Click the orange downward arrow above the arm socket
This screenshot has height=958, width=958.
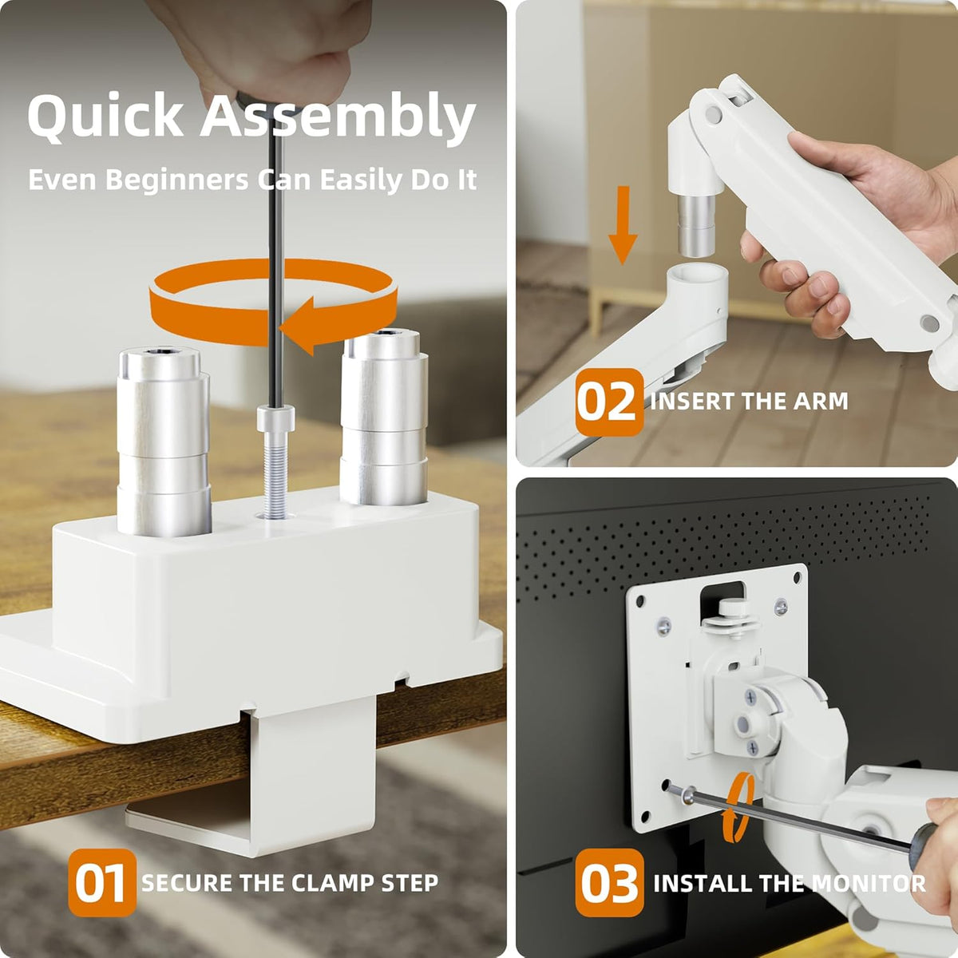(x=623, y=224)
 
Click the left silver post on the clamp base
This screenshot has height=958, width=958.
(x=164, y=441)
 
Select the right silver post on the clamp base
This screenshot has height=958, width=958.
(x=384, y=417)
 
